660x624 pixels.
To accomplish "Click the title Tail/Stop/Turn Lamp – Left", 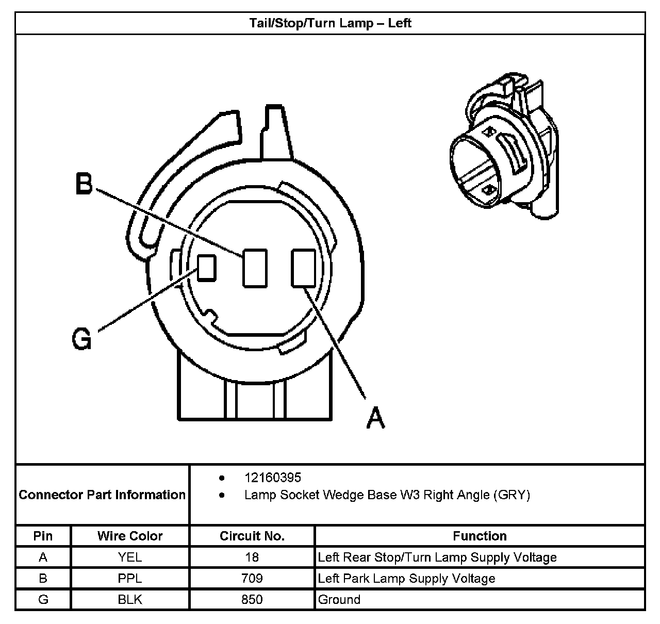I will coord(330,23).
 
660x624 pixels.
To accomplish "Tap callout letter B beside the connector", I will coord(84,184).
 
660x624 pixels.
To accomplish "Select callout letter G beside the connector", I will coord(82,339).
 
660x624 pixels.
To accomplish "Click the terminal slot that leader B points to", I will coord(255,267).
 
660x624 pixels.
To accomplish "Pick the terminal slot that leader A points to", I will coord(303,267).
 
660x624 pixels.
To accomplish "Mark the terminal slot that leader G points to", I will coord(207,268).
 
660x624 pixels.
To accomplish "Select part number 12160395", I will coord(272,478).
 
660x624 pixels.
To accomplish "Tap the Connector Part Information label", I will coord(102,495).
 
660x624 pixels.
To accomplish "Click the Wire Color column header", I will coord(130,536).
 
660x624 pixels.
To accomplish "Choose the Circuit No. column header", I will coord(252,536).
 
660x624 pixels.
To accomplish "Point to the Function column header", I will coord(480,536).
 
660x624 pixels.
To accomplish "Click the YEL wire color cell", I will coord(130,557).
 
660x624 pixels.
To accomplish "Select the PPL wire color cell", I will coord(130,578).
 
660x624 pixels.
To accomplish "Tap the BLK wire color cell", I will coord(130,599).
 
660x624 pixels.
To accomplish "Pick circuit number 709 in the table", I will coord(252,578).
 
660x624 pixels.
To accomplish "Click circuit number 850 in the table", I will coord(252,599).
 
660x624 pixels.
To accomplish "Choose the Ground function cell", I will coord(339,599).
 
